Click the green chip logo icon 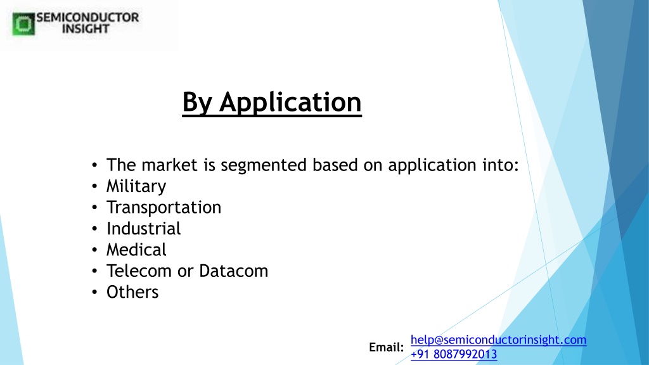tap(23, 24)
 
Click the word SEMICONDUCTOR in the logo tap(87, 17)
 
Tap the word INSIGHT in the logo tap(86, 29)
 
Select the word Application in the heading tap(290, 102)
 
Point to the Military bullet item tap(136, 186)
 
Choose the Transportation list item tap(164, 207)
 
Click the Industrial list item tap(144, 228)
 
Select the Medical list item tap(136, 250)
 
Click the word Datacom tap(233, 271)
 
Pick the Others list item tap(132, 292)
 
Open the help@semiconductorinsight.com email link tap(498, 340)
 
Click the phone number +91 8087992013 tap(454, 354)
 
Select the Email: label tap(386, 347)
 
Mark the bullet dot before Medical tap(95, 250)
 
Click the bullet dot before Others tap(95, 292)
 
